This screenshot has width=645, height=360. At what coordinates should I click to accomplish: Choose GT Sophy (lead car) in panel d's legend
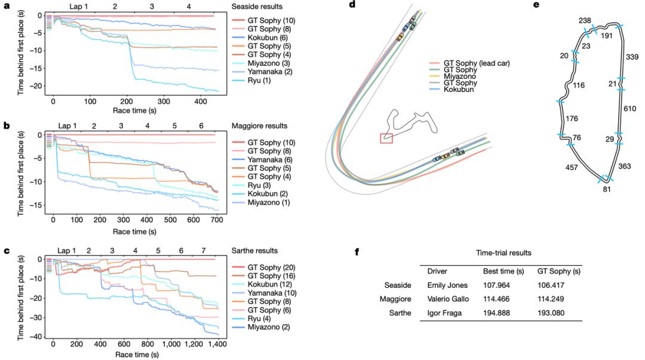pyautogui.click(x=472, y=63)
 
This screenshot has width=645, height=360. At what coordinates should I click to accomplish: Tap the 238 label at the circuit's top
pyautogui.click(x=585, y=20)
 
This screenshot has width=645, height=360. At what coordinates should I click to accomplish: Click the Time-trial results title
pyautogui.click(x=504, y=253)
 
